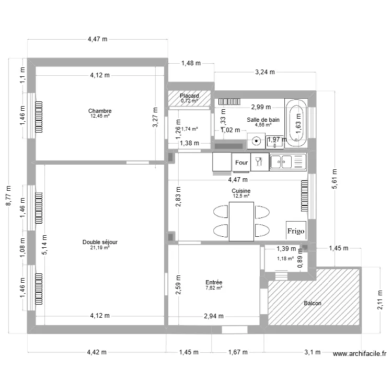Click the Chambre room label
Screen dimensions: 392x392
(x=99, y=111)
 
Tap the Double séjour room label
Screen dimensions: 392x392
(x=99, y=242)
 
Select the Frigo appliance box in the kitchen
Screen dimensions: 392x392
(x=295, y=230)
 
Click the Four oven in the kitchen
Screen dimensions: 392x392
(x=241, y=163)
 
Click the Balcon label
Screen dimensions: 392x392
(x=313, y=303)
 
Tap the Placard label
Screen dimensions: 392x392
(x=189, y=96)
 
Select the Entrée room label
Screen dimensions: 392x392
(x=214, y=282)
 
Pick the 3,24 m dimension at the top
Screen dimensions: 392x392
(x=265, y=73)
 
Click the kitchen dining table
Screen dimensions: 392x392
(x=241, y=221)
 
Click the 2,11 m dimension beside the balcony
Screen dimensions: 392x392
(x=380, y=299)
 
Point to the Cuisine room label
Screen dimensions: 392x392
(x=241, y=191)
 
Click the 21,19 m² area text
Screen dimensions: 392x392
(x=99, y=248)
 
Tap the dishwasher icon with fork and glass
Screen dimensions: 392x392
(x=259, y=162)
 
